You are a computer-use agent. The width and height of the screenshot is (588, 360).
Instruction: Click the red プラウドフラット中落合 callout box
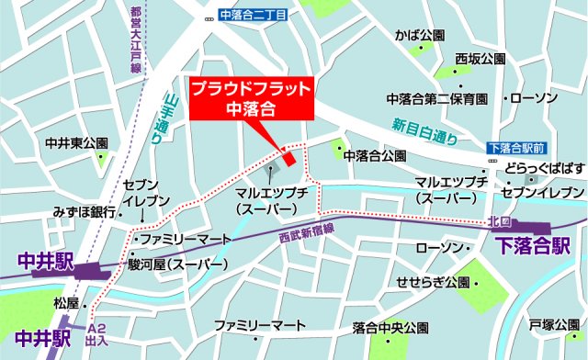(251, 98)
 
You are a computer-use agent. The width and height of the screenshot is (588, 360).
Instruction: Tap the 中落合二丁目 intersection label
(254, 16)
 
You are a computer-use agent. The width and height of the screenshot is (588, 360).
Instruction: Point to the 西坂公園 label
(479, 59)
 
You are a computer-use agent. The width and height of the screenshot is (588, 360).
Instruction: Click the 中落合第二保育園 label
(443, 98)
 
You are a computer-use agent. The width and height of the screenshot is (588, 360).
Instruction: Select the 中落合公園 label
(374, 156)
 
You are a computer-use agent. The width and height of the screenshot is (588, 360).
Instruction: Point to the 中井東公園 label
(77, 143)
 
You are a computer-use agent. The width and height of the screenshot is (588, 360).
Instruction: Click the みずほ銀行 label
(84, 211)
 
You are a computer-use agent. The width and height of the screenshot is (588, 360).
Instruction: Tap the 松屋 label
(66, 302)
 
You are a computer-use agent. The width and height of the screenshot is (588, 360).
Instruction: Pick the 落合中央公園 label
(390, 326)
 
